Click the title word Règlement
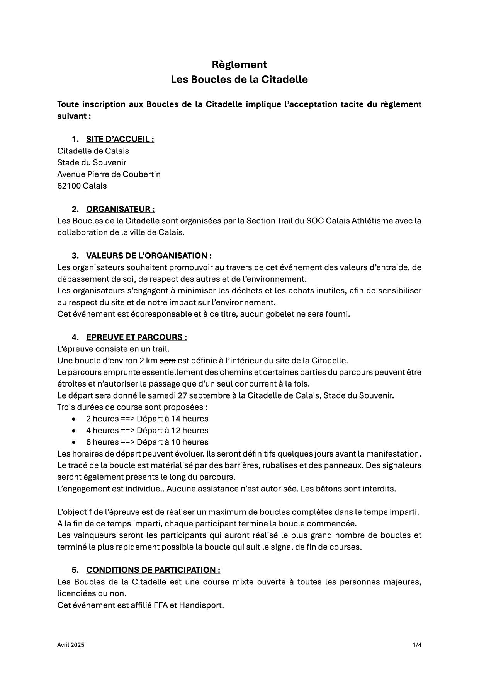click(239, 64)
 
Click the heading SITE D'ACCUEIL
click(120, 139)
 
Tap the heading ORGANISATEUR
click(120, 209)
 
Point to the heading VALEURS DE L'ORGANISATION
click(149, 256)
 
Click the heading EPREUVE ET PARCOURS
click(136, 337)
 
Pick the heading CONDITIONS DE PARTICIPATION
click(153, 570)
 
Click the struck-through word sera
click(168, 361)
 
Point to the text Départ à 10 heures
click(172, 442)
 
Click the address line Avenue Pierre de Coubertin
click(109, 174)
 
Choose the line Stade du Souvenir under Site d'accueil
click(92, 163)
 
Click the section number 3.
click(75, 256)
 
